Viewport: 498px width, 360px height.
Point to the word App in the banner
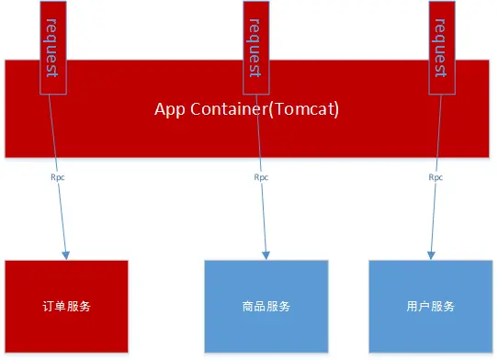[169, 109]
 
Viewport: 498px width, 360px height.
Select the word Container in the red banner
[224, 109]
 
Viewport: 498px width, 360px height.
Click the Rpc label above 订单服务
[57, 177]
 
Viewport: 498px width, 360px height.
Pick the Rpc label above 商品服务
[261, 177]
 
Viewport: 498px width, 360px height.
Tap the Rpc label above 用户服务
[437, 177]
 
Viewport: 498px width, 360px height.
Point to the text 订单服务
[66, 306]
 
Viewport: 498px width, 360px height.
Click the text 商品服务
[266, 306]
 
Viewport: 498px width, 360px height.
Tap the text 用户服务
[430, 306]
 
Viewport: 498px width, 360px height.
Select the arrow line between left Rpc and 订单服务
[62, 216]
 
